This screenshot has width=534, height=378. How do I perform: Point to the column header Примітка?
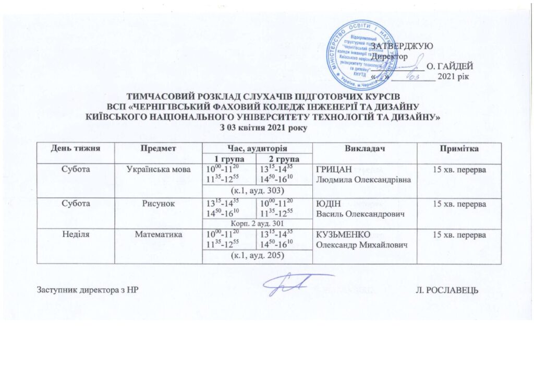[457, 149]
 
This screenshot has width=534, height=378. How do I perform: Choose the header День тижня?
[75, 149]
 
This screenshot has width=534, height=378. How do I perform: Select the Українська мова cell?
[158, 169]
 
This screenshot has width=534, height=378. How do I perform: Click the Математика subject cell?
[158, 235]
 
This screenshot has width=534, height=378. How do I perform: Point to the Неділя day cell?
[75, 235]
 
